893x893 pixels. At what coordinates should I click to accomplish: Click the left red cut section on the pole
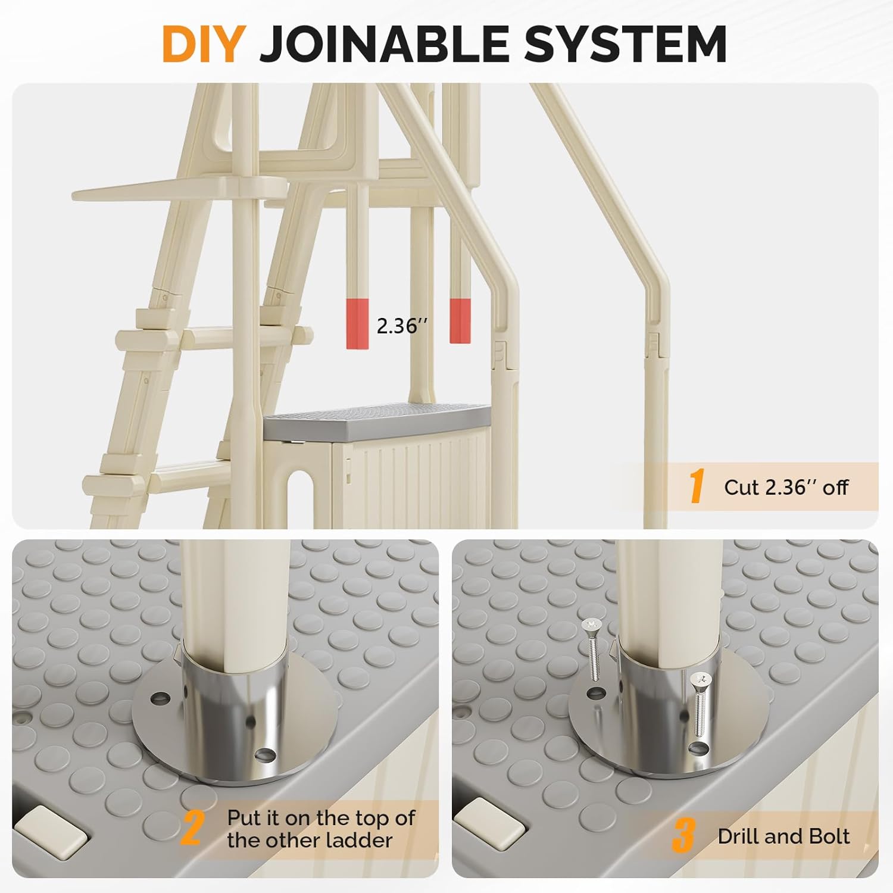[357, 323]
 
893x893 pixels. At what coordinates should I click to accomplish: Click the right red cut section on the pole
[460, 321]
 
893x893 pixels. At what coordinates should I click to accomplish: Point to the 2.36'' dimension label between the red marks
[402, 326]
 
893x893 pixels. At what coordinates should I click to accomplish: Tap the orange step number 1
[697, 486]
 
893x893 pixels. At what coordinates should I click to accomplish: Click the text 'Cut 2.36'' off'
[786, 488]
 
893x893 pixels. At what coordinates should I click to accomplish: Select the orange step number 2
[192, 828]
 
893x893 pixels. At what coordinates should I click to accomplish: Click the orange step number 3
[683, 835]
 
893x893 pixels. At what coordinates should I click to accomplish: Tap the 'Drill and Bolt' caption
[783, 836]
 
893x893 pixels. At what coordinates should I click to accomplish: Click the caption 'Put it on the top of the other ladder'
[320, 829]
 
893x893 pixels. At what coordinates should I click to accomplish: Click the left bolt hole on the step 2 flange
[159, 697]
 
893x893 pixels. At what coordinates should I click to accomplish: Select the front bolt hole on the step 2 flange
[265, 755]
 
